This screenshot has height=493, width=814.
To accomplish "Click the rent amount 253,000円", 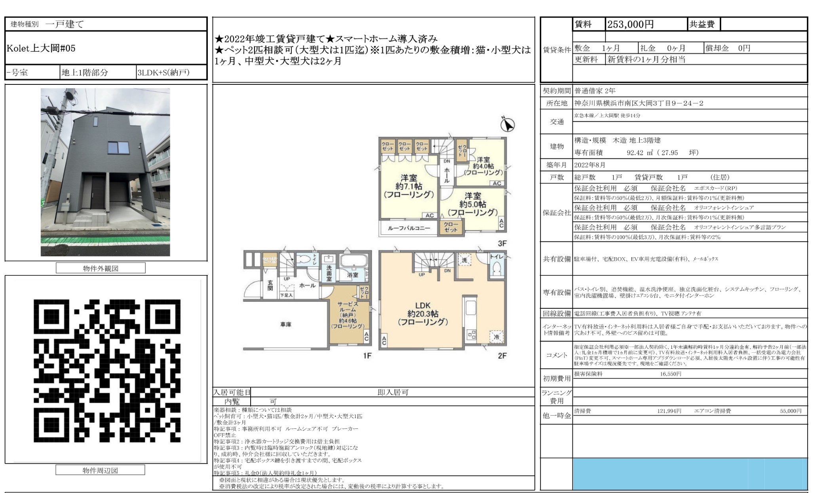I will click(x=630, y=25).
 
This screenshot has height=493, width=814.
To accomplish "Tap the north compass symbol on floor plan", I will click(x=507, y=125).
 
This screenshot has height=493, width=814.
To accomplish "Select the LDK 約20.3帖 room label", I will click(x=422, y=313).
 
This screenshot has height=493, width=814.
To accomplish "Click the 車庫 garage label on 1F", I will click(x=286, y=325).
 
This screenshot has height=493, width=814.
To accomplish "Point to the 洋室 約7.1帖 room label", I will click(x=409, y=186).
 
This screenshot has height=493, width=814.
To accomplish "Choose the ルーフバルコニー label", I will click(x=409, y=228).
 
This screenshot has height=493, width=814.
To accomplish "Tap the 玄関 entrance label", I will click(x=270, y=286).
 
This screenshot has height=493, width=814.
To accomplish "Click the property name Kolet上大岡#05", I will click(x=41, y=48).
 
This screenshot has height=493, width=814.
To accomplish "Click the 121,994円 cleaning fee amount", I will click(x=669, y=411).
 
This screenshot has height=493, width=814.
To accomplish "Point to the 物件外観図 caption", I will click(x=101, y=268).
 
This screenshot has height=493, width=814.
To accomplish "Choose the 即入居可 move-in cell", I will click(x=392, y=392).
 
